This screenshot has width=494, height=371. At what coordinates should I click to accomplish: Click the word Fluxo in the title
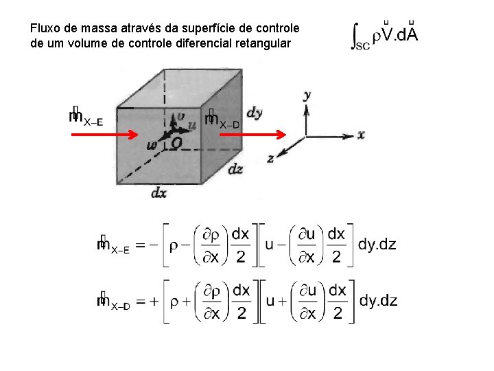click(44, 29)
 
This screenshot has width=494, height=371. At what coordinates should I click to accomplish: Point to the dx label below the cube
click(158, 193)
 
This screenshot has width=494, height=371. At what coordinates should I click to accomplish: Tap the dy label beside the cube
click(254, 113)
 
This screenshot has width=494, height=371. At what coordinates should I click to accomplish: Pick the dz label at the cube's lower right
click(235, 167)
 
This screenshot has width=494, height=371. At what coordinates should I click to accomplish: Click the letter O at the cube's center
click(176, 143)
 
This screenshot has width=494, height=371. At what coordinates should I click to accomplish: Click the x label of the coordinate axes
click(361, 135)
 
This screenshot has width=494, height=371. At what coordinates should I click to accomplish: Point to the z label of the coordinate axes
click(270, 159)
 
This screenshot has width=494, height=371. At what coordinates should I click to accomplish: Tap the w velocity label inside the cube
click(152, 145)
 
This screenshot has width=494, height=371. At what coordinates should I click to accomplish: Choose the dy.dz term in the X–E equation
click(377, 244)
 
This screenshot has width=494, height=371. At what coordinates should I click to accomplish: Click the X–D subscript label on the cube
click(229, 124)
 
